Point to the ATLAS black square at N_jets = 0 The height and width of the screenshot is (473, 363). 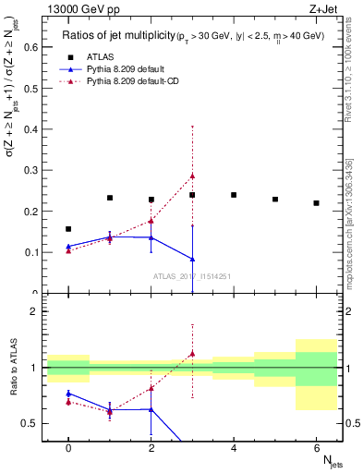68,228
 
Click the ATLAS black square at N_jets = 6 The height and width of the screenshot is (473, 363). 316,203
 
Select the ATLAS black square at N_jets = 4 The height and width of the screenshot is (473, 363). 234,195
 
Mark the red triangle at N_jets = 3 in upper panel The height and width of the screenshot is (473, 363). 192,176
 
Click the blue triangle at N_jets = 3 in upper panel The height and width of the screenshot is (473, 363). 192,259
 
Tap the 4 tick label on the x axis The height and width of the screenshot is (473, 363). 234,446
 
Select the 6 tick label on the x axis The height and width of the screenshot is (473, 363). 316,446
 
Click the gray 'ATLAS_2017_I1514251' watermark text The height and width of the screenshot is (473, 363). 192,275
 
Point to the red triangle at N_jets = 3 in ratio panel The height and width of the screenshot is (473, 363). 192,353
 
